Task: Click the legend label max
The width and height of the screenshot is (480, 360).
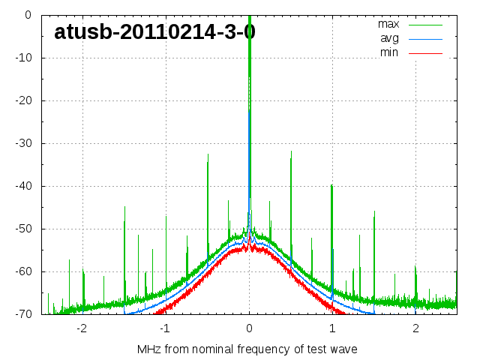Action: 388,24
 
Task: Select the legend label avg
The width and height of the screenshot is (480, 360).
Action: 389,38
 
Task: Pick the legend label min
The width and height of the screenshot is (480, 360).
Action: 389,52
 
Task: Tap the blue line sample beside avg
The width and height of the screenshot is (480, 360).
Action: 425,38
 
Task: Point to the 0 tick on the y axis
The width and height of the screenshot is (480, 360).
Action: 27,15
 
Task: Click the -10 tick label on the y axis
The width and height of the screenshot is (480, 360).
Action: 22,58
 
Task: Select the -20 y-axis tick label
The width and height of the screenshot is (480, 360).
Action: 22,100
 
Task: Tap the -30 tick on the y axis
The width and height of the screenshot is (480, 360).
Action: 22,143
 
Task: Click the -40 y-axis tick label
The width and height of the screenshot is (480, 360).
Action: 22,186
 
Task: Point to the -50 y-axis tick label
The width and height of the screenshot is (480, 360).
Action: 22,229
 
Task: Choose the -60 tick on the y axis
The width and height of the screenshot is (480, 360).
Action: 22,271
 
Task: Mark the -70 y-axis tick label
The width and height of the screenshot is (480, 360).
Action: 22,314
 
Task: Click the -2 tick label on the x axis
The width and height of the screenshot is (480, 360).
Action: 82,328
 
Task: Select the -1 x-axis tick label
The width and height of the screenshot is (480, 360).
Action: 165,328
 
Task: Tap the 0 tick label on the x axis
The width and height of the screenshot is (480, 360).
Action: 249,328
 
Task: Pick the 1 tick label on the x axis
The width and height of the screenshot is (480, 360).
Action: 332,328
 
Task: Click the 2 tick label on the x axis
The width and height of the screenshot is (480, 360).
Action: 415,328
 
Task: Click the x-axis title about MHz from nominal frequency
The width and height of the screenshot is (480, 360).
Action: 247,349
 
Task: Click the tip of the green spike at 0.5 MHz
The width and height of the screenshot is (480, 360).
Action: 291,151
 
